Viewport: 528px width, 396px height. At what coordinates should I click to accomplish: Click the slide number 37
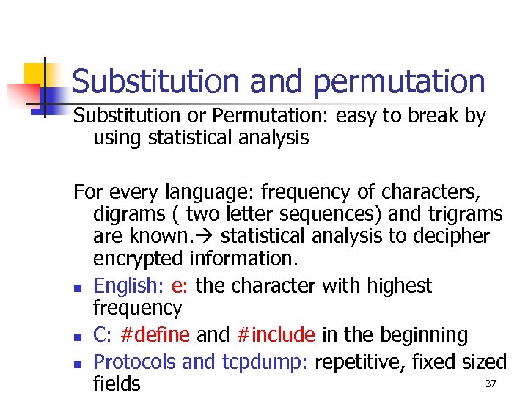491,384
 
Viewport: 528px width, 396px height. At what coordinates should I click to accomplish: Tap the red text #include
276,335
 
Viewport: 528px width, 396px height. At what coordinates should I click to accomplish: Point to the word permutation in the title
399,81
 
